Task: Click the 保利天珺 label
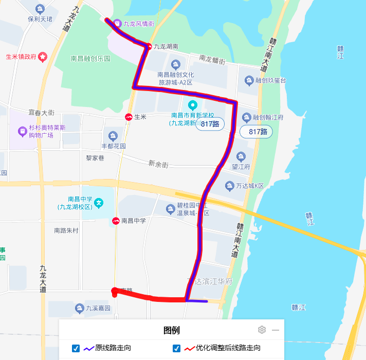40,19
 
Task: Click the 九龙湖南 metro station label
166,46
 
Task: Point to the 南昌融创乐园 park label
90,59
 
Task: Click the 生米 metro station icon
128,117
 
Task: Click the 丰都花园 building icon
113,136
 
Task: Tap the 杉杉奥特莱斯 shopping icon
22,131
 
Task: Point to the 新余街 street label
158,164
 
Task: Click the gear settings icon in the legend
262,330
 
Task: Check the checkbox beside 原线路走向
76,348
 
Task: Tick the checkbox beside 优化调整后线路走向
177,348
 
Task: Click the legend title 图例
172,330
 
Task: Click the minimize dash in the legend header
276,330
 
